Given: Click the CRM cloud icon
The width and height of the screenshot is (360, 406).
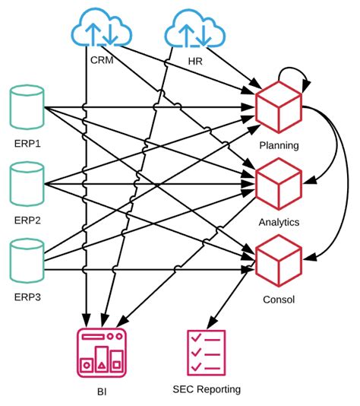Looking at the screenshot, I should [101, 30].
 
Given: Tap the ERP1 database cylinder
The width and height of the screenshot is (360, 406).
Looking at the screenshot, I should [27, 111].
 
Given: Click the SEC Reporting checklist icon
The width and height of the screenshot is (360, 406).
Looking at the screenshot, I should [206, 352].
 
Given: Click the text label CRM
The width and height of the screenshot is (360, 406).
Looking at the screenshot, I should [101, 61].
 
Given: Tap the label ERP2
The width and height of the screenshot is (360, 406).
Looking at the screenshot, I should [27, 220].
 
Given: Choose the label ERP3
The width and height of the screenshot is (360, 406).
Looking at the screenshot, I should [27, 297].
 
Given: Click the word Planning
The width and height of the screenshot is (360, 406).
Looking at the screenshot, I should [279, 145].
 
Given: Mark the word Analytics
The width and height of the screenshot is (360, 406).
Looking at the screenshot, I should [279, 222].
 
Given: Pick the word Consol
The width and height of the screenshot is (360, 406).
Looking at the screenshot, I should [279, 299].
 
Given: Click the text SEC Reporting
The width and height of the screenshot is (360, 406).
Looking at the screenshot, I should [207, 389].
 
